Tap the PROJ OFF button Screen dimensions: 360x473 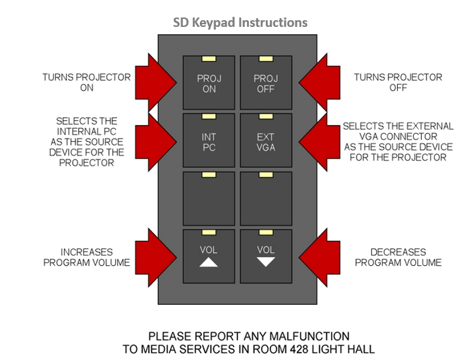266,83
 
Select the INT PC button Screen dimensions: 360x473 209,141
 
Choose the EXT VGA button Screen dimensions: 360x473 266,141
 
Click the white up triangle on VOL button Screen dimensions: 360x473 209,262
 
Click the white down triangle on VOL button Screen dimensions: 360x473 266,262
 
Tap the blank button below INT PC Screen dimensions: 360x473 209,199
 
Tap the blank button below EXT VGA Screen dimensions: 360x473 266,199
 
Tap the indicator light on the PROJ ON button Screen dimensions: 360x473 209,60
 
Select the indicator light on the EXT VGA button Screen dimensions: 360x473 266,118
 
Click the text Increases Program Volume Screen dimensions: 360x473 87,257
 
